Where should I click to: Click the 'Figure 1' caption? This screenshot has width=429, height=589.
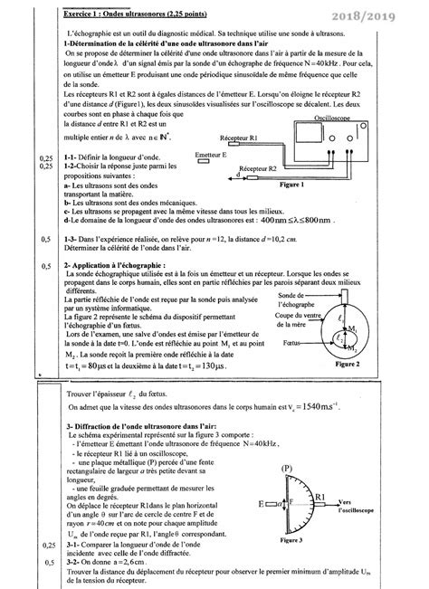point(317,209)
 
